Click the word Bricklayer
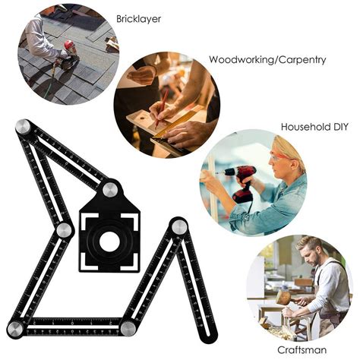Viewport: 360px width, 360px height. point(138,19)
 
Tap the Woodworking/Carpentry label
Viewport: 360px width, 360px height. point(267,60)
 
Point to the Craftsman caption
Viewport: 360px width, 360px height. point(302,350)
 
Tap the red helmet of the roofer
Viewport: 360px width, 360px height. point(68,45)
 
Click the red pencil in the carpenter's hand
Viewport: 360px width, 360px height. point(162,107)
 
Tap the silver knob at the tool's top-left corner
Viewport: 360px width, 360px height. point(23,126)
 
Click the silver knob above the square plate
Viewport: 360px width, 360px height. point(110,190)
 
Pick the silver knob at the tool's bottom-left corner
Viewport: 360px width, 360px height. point(15,329)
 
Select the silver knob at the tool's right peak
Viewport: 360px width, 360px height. point(179,226)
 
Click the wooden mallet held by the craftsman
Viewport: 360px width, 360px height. point(287,298)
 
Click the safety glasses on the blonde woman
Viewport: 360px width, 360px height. point(279,158)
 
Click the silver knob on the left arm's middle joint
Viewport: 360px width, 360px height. point(64,230)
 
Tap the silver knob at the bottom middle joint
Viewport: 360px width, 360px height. point(128,329)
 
